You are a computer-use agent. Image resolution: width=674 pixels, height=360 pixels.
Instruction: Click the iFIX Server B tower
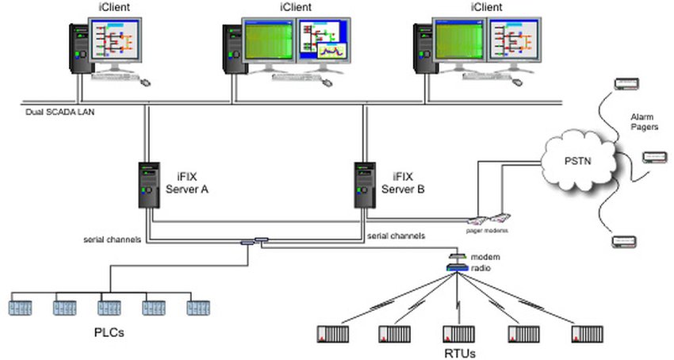(x=366, y=186)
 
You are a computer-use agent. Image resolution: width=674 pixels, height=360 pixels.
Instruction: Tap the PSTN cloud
(x=577, y=162)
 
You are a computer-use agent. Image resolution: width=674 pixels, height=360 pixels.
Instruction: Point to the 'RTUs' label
(x=458, y=350)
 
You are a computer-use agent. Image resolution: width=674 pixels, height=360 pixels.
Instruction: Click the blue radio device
(x=458, y=268)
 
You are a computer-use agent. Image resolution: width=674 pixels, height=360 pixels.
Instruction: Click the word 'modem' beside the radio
(x=485, y=258)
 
